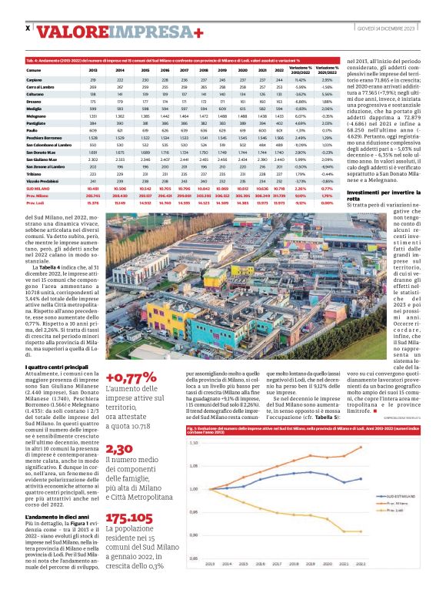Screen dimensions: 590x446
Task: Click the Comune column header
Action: click(34, 70)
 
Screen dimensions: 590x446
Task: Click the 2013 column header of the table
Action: click(93, 70)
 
